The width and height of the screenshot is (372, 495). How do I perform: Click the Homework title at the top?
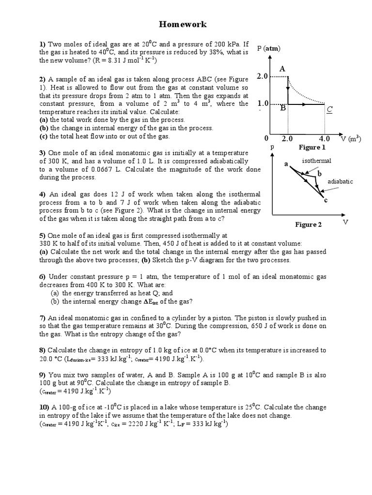coord(183,24)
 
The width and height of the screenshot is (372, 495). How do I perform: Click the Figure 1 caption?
coord(312,147)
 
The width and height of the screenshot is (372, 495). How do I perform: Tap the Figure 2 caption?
coord(309,224)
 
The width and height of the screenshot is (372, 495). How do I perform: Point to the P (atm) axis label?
coord(269,48)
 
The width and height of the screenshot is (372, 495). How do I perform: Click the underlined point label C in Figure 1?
coord(329,110)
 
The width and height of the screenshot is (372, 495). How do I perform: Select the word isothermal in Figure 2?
coord(316,160)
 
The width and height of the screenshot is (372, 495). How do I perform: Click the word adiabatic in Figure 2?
coord(340,181)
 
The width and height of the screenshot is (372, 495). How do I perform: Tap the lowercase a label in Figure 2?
coord(286,164)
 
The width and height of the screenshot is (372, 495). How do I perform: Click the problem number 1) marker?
coord(42,44)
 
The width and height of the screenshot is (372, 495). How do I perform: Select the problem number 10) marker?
coord(45,407)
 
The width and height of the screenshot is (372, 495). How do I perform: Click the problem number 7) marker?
coord(42,318)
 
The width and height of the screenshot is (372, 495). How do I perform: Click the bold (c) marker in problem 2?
coord(44,137)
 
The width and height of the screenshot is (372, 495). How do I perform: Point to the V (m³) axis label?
coord(351,139)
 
